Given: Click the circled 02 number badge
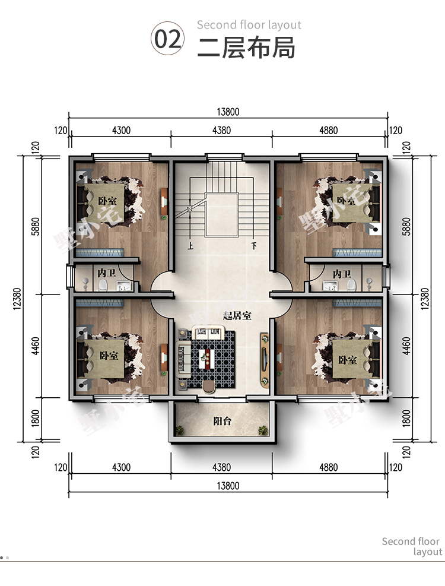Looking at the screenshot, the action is click(167, 39).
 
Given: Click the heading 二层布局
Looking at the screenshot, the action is click(246, 47).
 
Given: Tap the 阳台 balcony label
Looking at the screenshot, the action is click(223, 421).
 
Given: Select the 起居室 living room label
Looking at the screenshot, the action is click(237, 316).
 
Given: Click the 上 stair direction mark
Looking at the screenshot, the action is click(190, 246).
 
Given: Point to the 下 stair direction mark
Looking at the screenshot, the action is click(254, 246).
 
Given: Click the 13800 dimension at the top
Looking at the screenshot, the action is click(228, 112).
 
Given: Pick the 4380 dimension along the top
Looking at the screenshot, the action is click(221, 131).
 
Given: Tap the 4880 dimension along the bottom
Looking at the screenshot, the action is click(329, 467).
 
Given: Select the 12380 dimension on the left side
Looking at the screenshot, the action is click(17, 299).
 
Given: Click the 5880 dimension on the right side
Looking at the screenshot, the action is click(406, 226).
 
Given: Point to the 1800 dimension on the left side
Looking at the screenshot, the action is click(35, 418).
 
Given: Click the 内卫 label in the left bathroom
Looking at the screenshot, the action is click(107, 273).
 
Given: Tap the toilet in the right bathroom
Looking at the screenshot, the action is click(351, 286).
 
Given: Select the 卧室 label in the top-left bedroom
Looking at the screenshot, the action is click(107, 201).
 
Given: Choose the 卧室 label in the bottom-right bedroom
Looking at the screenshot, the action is click(348, 360).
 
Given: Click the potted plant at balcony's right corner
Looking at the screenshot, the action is click(263, 430).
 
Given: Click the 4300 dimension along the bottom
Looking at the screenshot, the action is click(122, 467).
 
